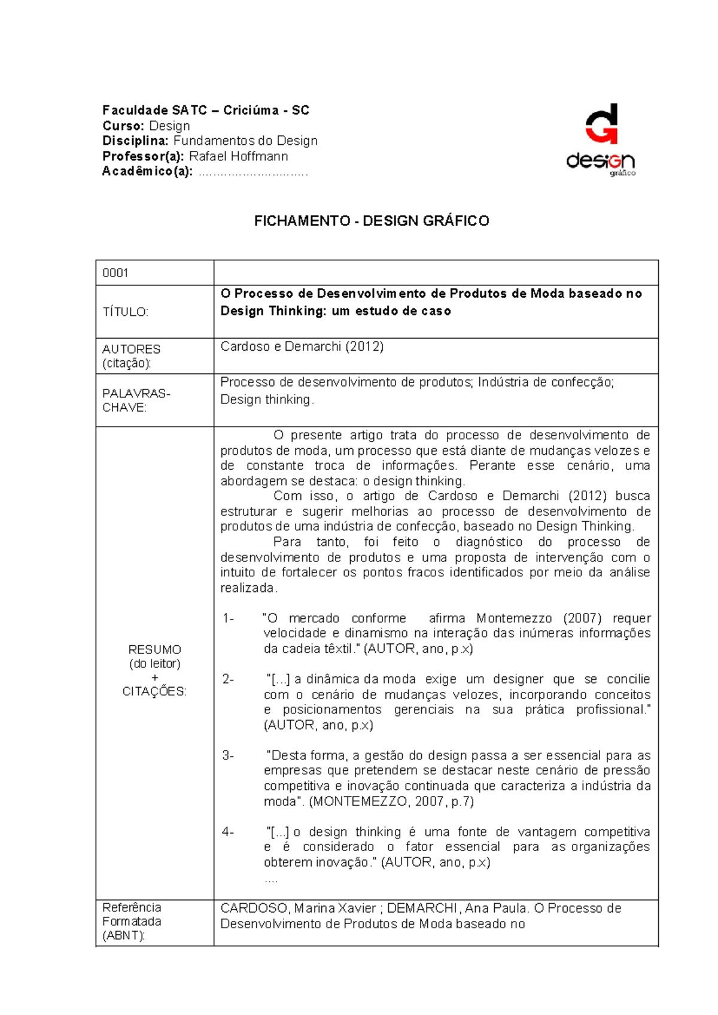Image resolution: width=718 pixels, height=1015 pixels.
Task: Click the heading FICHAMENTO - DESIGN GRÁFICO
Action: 372,221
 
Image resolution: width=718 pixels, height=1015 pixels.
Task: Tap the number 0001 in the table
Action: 115,273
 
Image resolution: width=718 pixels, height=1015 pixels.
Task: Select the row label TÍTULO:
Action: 125,312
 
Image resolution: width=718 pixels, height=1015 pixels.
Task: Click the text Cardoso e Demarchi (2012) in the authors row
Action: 302,347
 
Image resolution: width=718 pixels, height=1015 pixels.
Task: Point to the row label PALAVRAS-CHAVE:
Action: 136,400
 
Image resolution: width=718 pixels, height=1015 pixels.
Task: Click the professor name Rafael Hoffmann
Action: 238,156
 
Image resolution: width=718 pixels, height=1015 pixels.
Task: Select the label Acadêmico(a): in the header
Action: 147,172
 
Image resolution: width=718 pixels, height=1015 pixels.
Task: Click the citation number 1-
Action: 228,618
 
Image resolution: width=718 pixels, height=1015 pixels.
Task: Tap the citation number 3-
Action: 228,755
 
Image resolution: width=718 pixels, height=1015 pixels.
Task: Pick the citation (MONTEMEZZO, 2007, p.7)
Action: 391,801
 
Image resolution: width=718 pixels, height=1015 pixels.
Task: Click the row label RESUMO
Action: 154,649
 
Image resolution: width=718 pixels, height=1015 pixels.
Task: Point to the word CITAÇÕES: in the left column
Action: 154,691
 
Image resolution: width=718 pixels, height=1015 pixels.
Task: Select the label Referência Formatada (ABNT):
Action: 132,922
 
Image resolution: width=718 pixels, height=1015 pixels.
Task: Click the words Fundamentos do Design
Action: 245,141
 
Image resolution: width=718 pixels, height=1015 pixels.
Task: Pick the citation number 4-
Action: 228,832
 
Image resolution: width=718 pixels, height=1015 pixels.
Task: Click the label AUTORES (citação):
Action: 131,356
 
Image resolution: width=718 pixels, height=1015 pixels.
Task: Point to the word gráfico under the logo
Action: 622,174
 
